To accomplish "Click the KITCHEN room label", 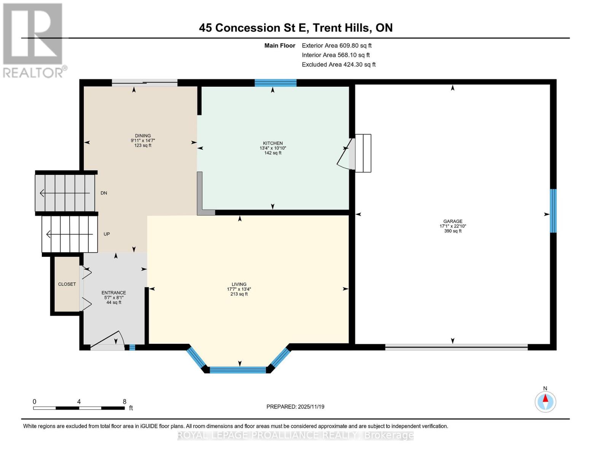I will [x=272, y=143].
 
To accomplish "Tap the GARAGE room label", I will [x=452, y=221].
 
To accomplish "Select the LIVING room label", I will [x=239, y=284].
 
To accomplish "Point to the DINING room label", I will [x=143, y=136].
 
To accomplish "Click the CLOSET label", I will [x=67, y=284].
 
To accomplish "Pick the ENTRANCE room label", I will [x=113, y=293].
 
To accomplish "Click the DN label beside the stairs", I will [x=104, y=193].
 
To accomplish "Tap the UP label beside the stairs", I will [x=107, y=234].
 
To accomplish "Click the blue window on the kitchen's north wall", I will [x=275, y=83].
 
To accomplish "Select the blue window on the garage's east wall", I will [x=553, y=211].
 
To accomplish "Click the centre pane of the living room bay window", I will [x=238, y=370].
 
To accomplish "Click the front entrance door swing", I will [x=108, y=340].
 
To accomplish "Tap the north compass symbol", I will [x=545, y=401].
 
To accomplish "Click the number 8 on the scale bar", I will [x=124, y=402].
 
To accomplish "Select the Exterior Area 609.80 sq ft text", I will [x=336, y=46].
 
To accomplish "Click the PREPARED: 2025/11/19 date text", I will [x=295, y=407].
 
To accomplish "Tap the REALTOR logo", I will [x=33, y=40].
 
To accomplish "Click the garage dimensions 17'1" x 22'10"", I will [x=452, y=226].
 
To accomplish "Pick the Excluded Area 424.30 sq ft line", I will [x=338, y=65].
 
